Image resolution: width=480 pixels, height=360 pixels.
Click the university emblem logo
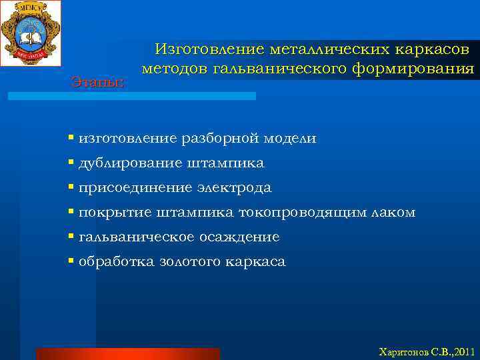(31, 33)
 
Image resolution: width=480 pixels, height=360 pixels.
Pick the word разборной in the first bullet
(223, 139)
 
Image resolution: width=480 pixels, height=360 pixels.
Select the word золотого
(190, 262)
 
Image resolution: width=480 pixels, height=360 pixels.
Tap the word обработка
(117, 262)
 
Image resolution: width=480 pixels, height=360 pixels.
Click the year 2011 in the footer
(461, 351)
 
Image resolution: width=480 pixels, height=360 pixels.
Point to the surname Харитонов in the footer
(401, 351)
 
